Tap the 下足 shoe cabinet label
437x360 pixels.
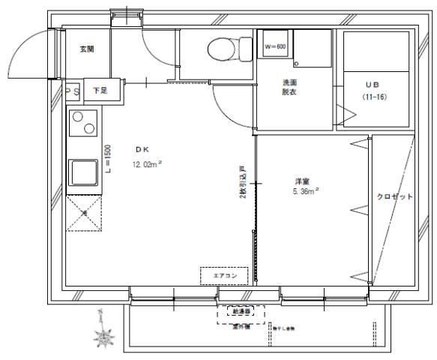(99, 90)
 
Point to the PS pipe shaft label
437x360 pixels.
(72, 91)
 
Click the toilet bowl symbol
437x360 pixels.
(218, 50)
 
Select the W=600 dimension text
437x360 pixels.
(275, 46)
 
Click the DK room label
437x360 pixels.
(142, 149)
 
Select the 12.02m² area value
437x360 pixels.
(148, 164)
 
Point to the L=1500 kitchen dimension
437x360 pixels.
(109, 158)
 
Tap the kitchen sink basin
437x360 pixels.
(82, 173)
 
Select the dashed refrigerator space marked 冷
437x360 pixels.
(83, 213)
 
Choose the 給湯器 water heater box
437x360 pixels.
(241, 310)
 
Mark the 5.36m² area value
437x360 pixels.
(307, 192)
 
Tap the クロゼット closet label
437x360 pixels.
(394, 196)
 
